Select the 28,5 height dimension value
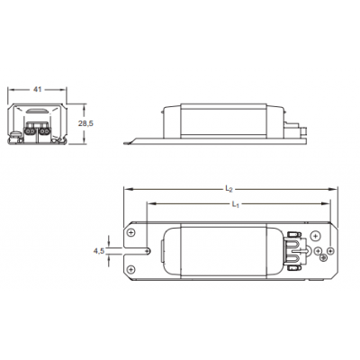(x=82, y=122)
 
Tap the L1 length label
(x=234, y=204)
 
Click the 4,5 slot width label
(x=99, y=251)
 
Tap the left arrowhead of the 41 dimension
(x=10, y=93)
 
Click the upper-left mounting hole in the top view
(x=133, y=234)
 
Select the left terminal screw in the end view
(x=32, y=129)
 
